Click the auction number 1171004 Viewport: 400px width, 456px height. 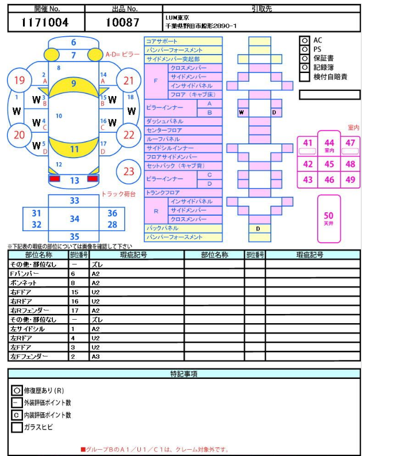(x=45, y=22)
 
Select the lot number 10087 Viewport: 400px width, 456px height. (x=122, y=22)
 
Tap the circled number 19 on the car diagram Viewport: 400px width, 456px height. (x=20, y=81)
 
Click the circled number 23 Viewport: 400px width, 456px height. (x=129, y=171)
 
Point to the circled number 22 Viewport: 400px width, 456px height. (x=129, y=135)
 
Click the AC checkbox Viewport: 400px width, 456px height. (x=305, y=40)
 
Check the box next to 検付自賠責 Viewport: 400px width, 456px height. (x=305, y=76)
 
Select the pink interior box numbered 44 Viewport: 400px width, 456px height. (x=329, y=145)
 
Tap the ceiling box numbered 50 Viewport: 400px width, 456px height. (x=329, y=218)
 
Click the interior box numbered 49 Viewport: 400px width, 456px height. (x=350, y=179)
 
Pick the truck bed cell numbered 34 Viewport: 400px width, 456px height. (x=75, y=219)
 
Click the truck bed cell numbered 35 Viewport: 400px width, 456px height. (x=75, y=236)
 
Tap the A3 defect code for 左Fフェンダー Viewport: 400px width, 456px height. (x=96, y=357)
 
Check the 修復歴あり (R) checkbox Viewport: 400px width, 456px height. (x=17, y=390)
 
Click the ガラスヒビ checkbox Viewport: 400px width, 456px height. (x=17, y=427)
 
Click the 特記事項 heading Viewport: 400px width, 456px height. (x=184, y=374)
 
